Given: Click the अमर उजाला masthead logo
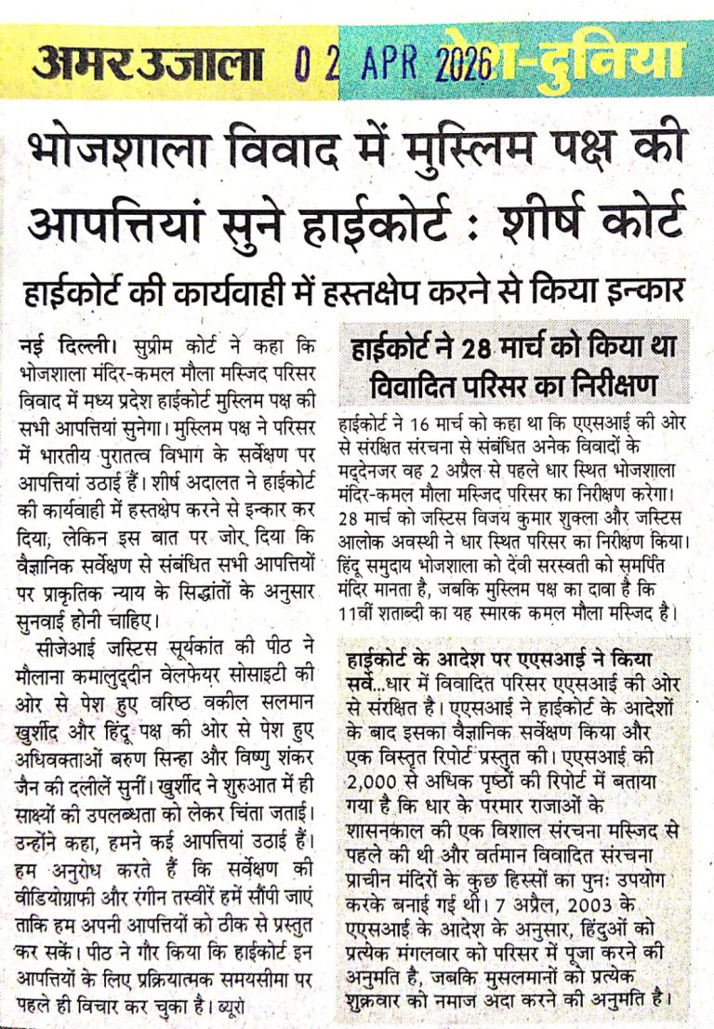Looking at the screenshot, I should pos(148,64).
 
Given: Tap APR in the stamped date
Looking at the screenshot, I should pos(377,64).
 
